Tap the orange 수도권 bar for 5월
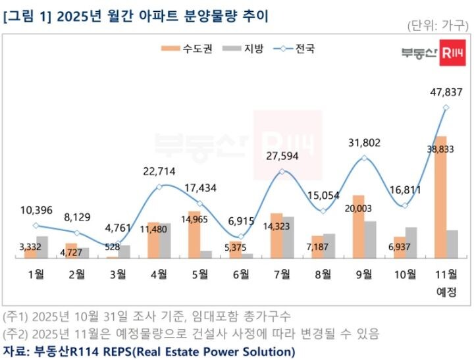195,234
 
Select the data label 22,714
159,172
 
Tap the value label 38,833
441,149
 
